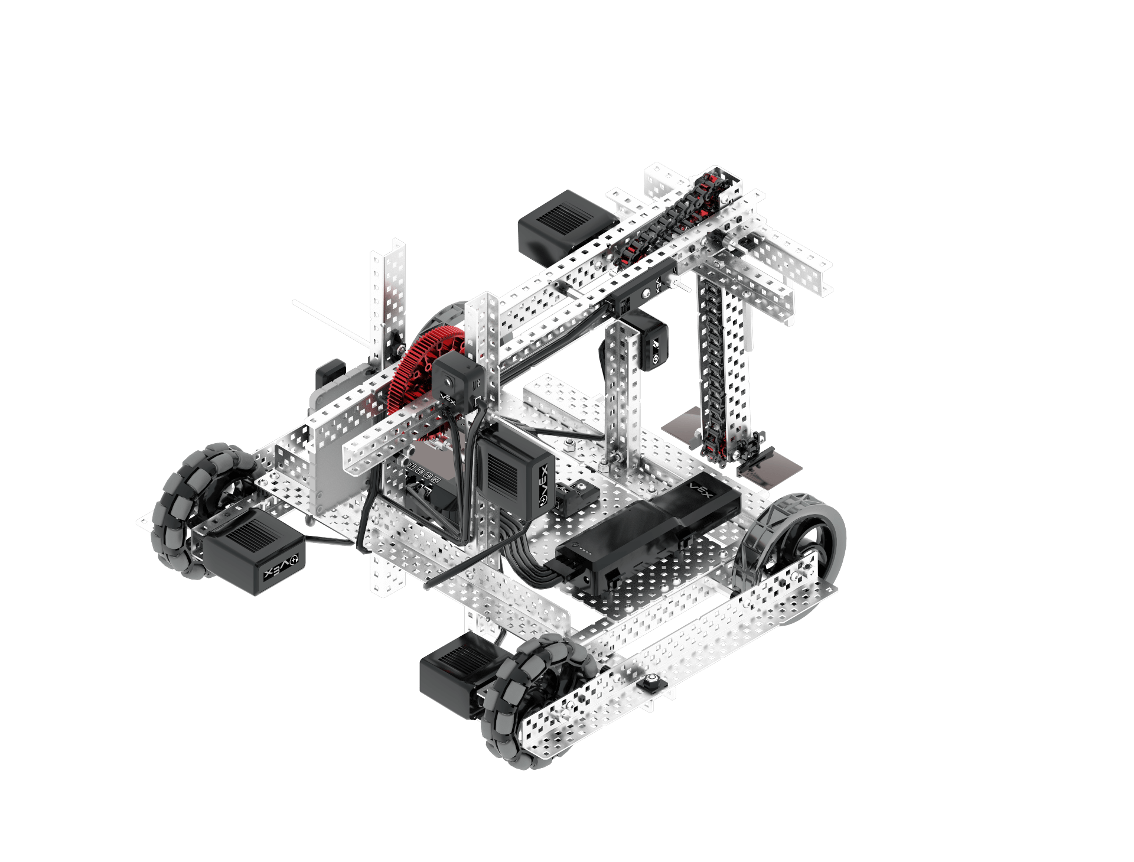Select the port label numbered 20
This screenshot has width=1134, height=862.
pyautogui.click(x=436, y=480)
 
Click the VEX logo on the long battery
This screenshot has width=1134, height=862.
pyautogui.click(x=702, y=490)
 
